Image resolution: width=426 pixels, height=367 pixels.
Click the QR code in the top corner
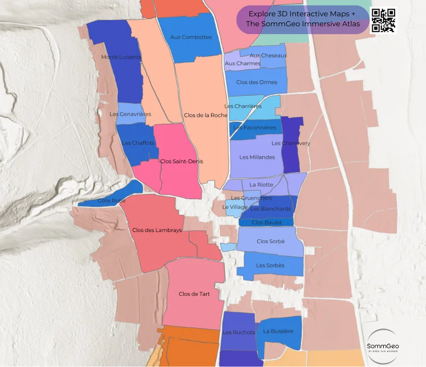[x=383, y=20]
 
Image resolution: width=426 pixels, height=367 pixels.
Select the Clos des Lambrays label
[x=157, y=230]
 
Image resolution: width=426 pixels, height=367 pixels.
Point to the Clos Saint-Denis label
[x=182, y=161]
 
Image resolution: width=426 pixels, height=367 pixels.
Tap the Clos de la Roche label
[x=205, y=115]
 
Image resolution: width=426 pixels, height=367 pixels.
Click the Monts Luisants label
[x=121, y=57]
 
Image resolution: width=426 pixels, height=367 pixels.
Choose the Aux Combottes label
[x=191, y=37]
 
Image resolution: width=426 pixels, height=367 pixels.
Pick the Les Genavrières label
[x=130, y=114]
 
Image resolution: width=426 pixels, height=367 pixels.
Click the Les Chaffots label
[x=138, y=143]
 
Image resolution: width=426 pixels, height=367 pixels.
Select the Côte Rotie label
[x=112, y=201]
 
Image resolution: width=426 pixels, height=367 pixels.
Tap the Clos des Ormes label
[x=257, y=82]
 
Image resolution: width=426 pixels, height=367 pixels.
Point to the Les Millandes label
[x=257, y=157]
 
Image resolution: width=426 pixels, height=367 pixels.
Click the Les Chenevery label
[x=291, y=143]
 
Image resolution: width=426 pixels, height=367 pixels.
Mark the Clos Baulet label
[x=266, y=223]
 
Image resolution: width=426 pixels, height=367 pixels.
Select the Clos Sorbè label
[x=270, y=241]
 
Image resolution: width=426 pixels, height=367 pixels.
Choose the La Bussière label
[x=278, y=331]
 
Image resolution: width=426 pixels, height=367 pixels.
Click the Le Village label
[x=235, y=207]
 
